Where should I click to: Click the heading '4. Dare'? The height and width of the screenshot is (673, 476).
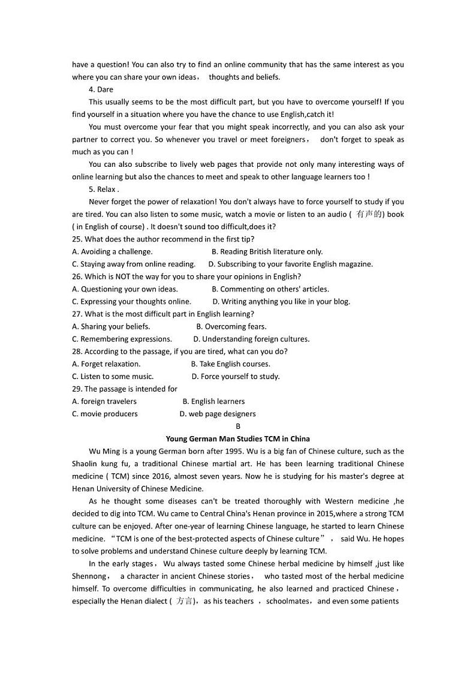101,89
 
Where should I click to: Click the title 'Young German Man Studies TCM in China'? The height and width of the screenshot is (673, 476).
238,438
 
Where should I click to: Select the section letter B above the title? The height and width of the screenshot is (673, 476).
238,426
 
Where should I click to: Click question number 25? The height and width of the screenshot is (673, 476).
77,239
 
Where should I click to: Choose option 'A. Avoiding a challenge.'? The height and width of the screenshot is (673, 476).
112,251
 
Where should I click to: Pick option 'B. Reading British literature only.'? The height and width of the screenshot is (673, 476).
267,251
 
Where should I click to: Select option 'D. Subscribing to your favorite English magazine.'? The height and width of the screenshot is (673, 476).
290,264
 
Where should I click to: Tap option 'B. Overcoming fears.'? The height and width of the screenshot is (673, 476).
231,326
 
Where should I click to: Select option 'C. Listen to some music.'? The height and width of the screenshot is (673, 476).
113,376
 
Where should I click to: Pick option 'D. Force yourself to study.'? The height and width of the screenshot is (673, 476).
236,376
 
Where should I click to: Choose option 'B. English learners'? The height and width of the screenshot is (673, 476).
213,401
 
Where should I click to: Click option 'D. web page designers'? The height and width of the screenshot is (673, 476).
218,414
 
